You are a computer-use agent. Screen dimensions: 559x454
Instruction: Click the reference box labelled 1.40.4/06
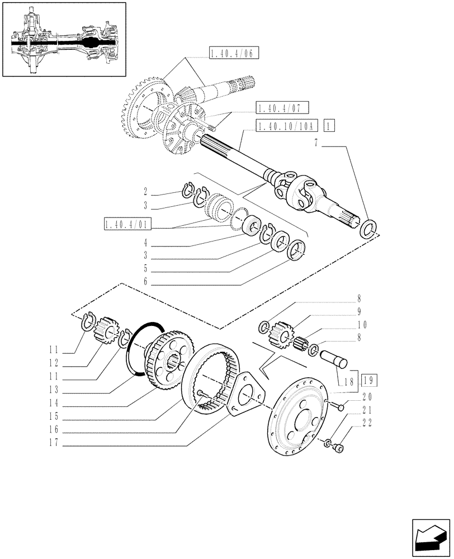point(234,54)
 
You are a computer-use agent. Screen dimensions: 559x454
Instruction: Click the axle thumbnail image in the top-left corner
point(64,40)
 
